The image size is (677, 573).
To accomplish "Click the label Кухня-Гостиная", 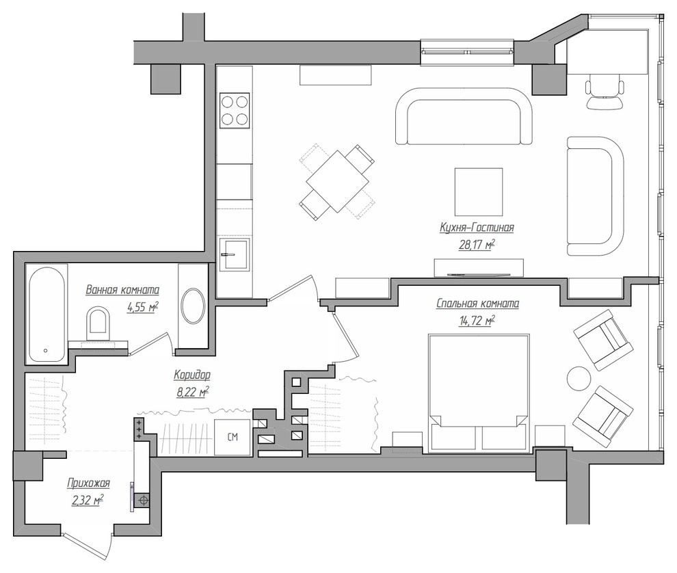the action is (477, 227).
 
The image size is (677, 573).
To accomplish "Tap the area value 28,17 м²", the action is (477, 245).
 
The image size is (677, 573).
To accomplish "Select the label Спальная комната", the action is (477, 304).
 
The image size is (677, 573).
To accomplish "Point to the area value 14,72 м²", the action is (477, 321).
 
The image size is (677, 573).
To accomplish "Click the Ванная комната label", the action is (122, 289).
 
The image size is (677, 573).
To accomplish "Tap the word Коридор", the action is (192, 375).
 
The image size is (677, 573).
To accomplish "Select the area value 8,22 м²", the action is (193, 392).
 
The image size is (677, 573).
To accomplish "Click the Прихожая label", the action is (88, 483).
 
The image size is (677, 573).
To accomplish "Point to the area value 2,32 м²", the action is (88, 501).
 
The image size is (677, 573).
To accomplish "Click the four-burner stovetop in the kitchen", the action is (235, 111).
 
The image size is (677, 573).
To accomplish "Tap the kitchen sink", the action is (235, 255).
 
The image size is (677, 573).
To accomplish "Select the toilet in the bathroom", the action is (98, 323).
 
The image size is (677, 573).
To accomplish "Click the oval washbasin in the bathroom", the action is (193, 306).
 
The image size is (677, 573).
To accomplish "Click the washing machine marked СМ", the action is (233, 437).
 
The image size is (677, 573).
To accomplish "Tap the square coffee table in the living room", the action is (479, 191).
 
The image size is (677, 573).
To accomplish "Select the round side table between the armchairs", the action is (579, 379).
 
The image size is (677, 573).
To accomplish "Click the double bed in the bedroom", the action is (479, 393).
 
